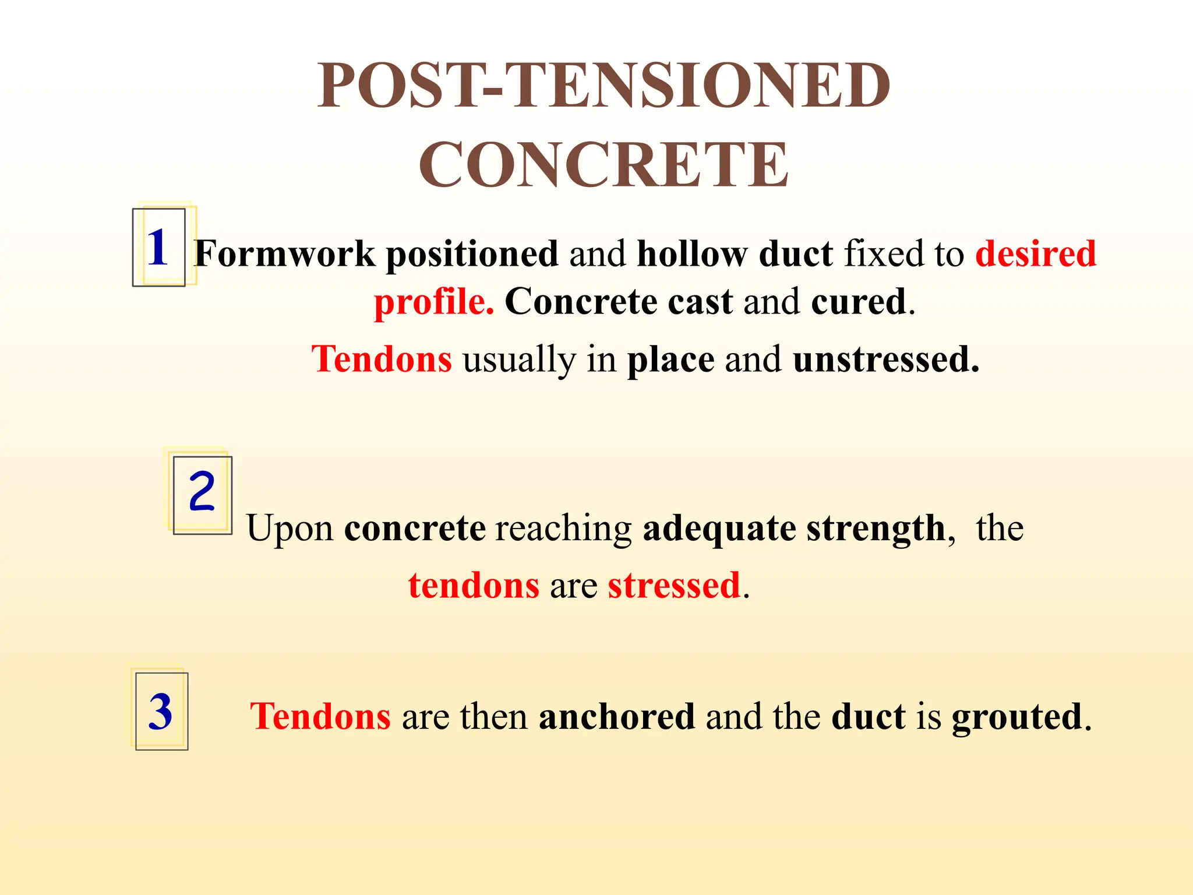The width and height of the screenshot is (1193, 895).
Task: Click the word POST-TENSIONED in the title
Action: [603, 86]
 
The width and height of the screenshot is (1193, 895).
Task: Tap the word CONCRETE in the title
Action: [603, 165]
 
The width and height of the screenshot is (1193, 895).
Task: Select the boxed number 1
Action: [158, 247]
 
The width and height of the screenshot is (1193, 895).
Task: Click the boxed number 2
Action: [202, 494]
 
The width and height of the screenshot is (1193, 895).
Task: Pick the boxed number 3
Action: [161, 711]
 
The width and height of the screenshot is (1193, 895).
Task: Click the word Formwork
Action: [285, 254]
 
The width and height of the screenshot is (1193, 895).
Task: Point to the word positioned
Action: [472, 254]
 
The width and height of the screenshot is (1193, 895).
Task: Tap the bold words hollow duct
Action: [735, 254]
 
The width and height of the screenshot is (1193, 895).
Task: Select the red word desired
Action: [1036, 254]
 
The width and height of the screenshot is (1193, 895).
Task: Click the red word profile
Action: [433, 302]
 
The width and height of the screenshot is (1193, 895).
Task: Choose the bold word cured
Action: [858, 302]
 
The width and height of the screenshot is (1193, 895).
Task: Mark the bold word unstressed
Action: [886, 359]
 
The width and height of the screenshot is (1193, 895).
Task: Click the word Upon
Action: [290, 528]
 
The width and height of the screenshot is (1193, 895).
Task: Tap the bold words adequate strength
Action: [794, 528]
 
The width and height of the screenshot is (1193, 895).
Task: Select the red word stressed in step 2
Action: [674, 585]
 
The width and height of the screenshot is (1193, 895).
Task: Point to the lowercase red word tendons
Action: [474, 585]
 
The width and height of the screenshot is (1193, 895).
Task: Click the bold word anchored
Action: [617, 716]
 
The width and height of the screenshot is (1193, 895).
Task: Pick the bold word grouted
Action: [1017, 716]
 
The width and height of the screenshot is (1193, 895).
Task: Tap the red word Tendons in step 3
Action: [320, 716]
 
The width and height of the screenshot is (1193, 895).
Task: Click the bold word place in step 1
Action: [670, 359]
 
